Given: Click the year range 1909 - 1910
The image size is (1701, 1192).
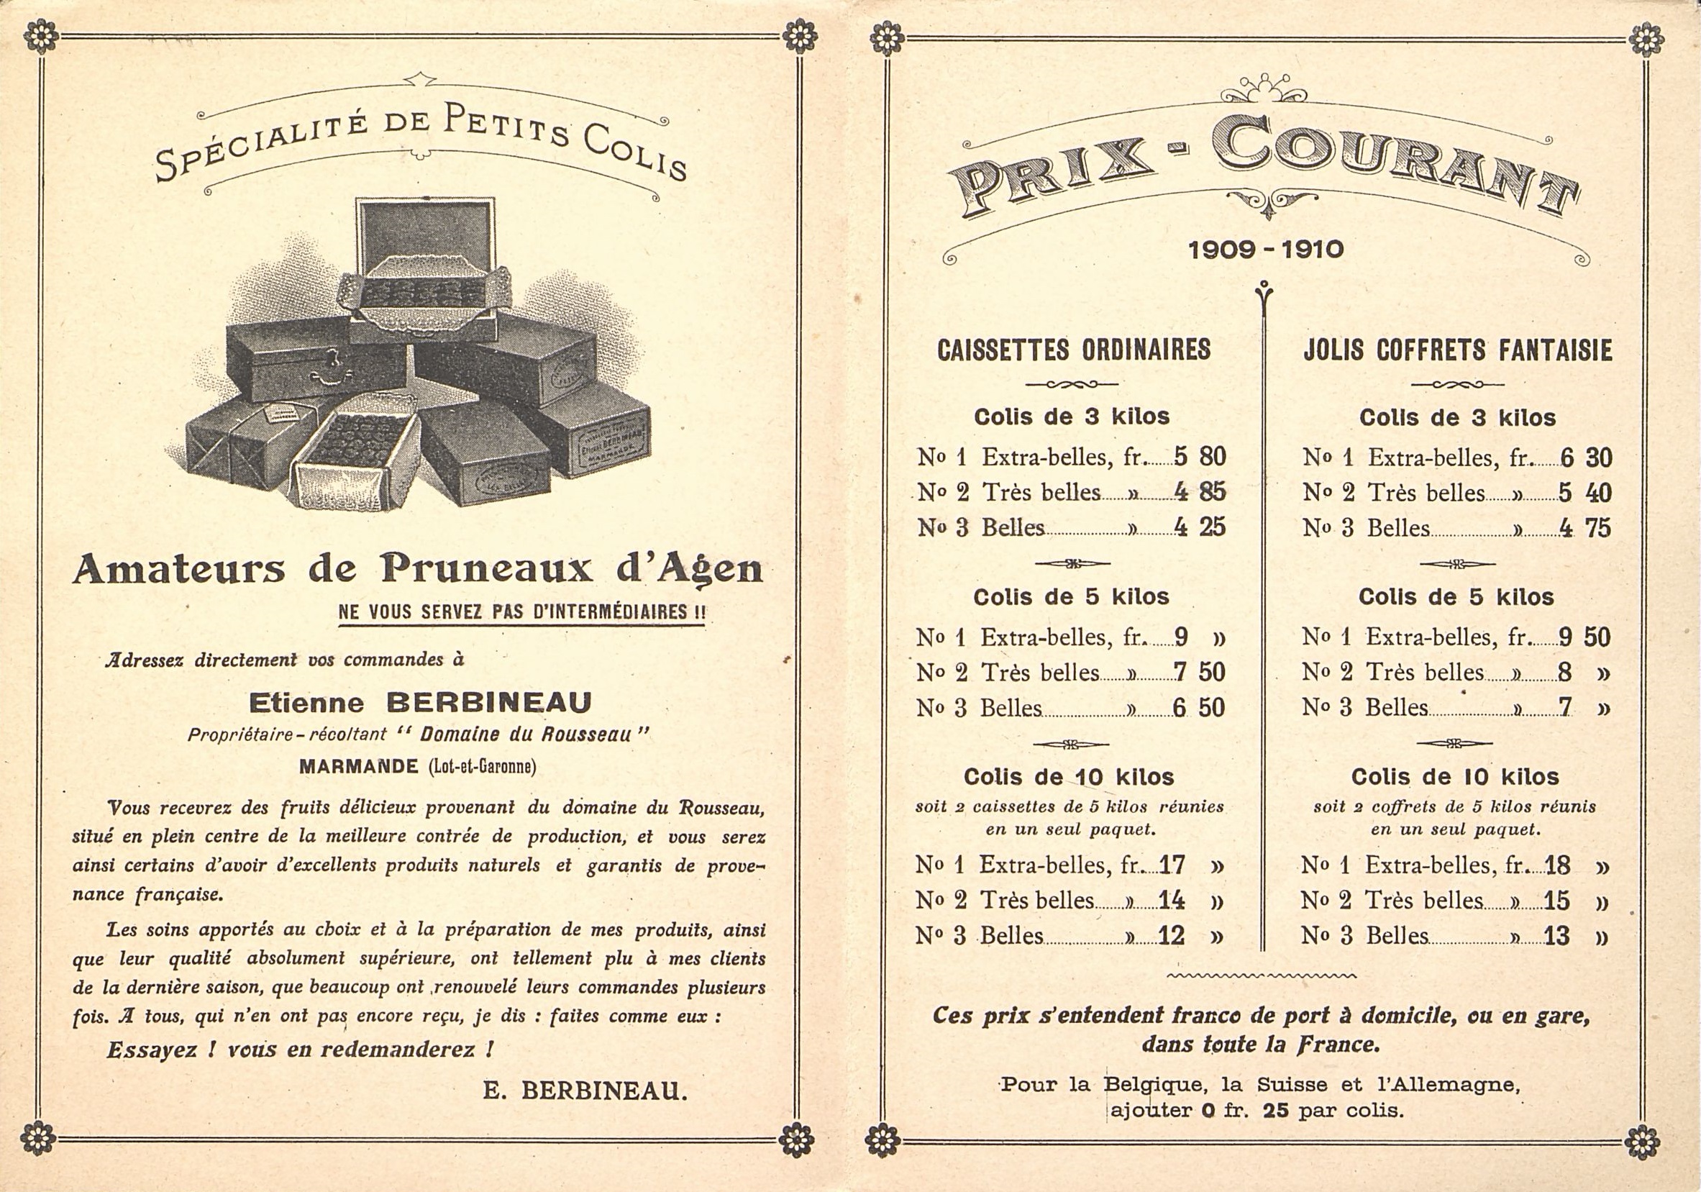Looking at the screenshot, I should (x=1265, y=250).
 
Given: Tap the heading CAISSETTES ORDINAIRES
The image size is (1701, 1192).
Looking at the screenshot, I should (x=1074, y=350).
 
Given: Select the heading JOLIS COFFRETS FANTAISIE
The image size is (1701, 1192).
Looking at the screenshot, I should (x=1457, y=350).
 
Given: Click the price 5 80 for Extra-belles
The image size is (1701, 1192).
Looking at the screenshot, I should (x=1200, y=457).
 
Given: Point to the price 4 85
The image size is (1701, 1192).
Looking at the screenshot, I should (x=1200, y=492).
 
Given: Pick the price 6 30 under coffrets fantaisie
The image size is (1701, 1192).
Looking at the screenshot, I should (x=1586, y=458).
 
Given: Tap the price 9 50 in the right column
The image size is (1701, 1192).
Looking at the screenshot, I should (x=1584, y=637).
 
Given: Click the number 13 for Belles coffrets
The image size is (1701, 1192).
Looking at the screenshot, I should (x=1557, y=936).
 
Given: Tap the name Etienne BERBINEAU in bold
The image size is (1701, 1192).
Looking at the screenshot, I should (x=420, y=701).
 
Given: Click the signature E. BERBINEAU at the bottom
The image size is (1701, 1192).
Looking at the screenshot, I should (x=585, y=1091).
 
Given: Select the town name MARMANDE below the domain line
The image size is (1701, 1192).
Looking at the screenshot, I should (x=359, y=767).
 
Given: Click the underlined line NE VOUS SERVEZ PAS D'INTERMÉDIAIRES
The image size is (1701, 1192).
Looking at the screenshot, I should (x=521, y=613).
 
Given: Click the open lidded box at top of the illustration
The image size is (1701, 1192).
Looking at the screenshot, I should (x=424, y=267).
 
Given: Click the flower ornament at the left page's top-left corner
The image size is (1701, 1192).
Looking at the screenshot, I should (x=40, y=36).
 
